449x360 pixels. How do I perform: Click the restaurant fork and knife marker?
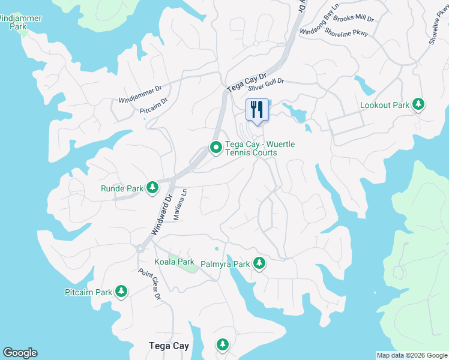(257, 110)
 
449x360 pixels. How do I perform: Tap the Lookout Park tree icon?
(418, 105)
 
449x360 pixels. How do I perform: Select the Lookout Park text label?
(384, 106)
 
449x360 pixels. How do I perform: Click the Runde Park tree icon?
(152, 188)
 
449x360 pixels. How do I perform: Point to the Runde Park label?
(122, 188)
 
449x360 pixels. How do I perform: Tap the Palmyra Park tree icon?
(259, 263)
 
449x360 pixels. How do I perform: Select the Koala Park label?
(174, 262)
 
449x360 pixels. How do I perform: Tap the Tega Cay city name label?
(169, 346)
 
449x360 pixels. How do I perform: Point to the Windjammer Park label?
(20, 22)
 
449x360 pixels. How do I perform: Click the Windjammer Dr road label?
(140, 94)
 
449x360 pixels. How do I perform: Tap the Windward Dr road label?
(161, 214)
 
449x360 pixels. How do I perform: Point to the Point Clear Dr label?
(149, 284)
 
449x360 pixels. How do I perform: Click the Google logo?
(20, 353)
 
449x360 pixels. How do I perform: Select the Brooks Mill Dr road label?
(354, 19)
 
